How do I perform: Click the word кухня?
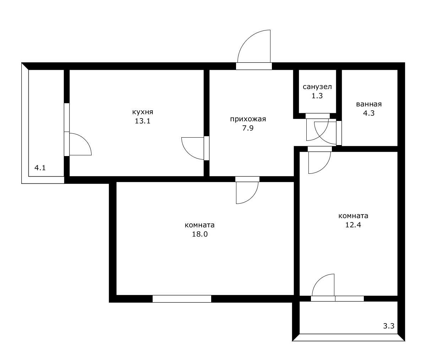143,112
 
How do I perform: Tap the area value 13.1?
143,121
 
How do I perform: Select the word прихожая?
248,119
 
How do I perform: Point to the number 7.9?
248,128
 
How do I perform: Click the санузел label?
317,87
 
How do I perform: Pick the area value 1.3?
317,96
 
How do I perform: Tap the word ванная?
369,104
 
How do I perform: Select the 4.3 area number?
369,113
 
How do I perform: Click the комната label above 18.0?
199,225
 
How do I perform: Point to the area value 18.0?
199,234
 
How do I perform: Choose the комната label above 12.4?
353,216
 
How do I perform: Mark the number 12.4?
353,225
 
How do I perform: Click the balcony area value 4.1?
40,168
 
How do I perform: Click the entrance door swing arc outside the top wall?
247,39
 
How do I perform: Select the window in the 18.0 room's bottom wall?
182,299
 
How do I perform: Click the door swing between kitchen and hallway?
188,153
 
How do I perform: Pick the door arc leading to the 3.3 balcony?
318,280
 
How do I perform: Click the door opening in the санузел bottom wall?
318,116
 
